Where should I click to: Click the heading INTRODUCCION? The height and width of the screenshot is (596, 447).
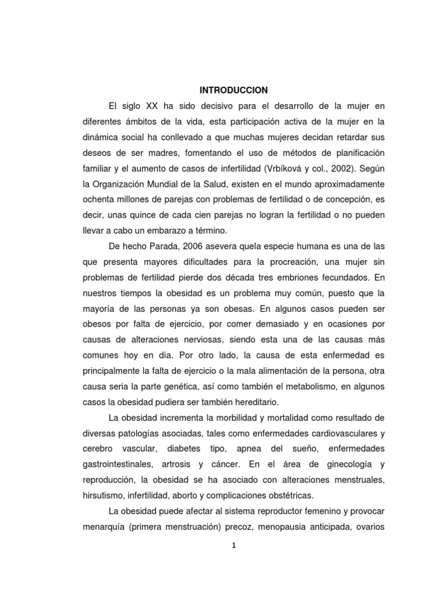tap(233, 90)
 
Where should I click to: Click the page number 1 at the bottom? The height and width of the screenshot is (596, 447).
tap(233, 545)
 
